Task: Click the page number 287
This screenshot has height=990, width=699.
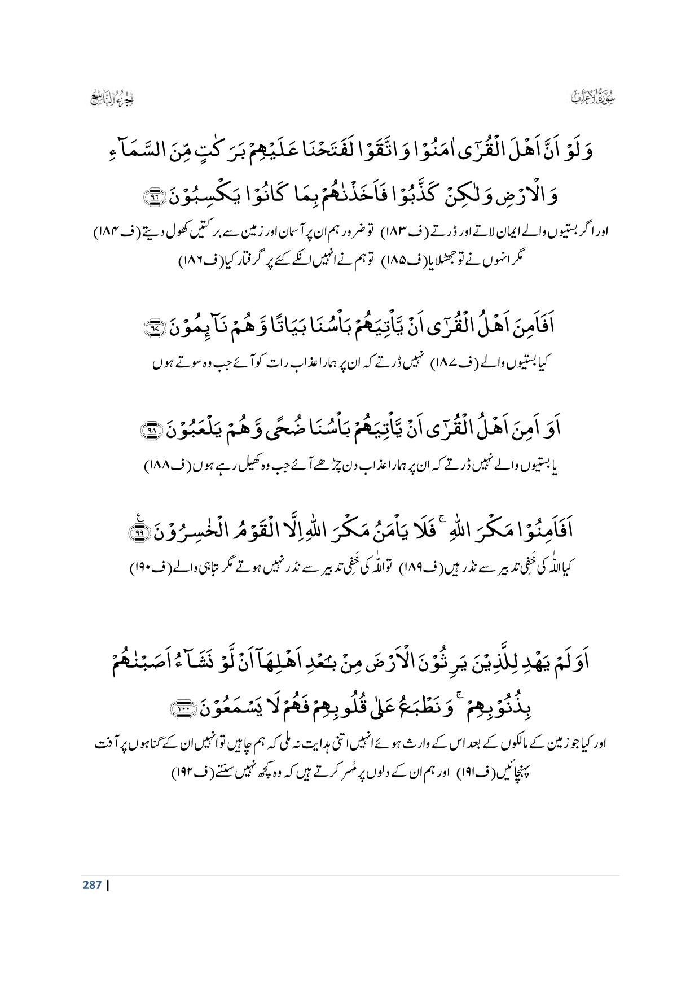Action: tap(92, 884)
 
